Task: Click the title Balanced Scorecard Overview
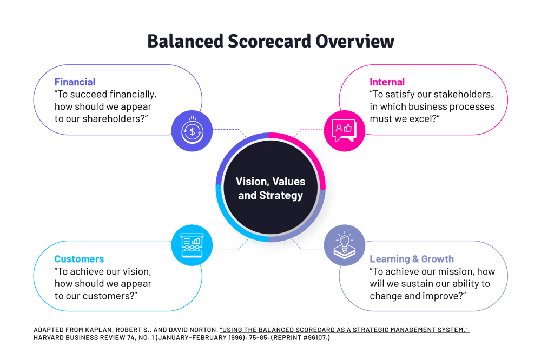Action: pos(270,42)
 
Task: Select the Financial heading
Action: pos(75,82)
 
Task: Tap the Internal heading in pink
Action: pos(387,82)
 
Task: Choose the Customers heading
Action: pos(79,259)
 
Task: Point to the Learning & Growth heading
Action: pos(412,259)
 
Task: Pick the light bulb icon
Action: pos(344,244)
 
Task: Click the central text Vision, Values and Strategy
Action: pos(270,188)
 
